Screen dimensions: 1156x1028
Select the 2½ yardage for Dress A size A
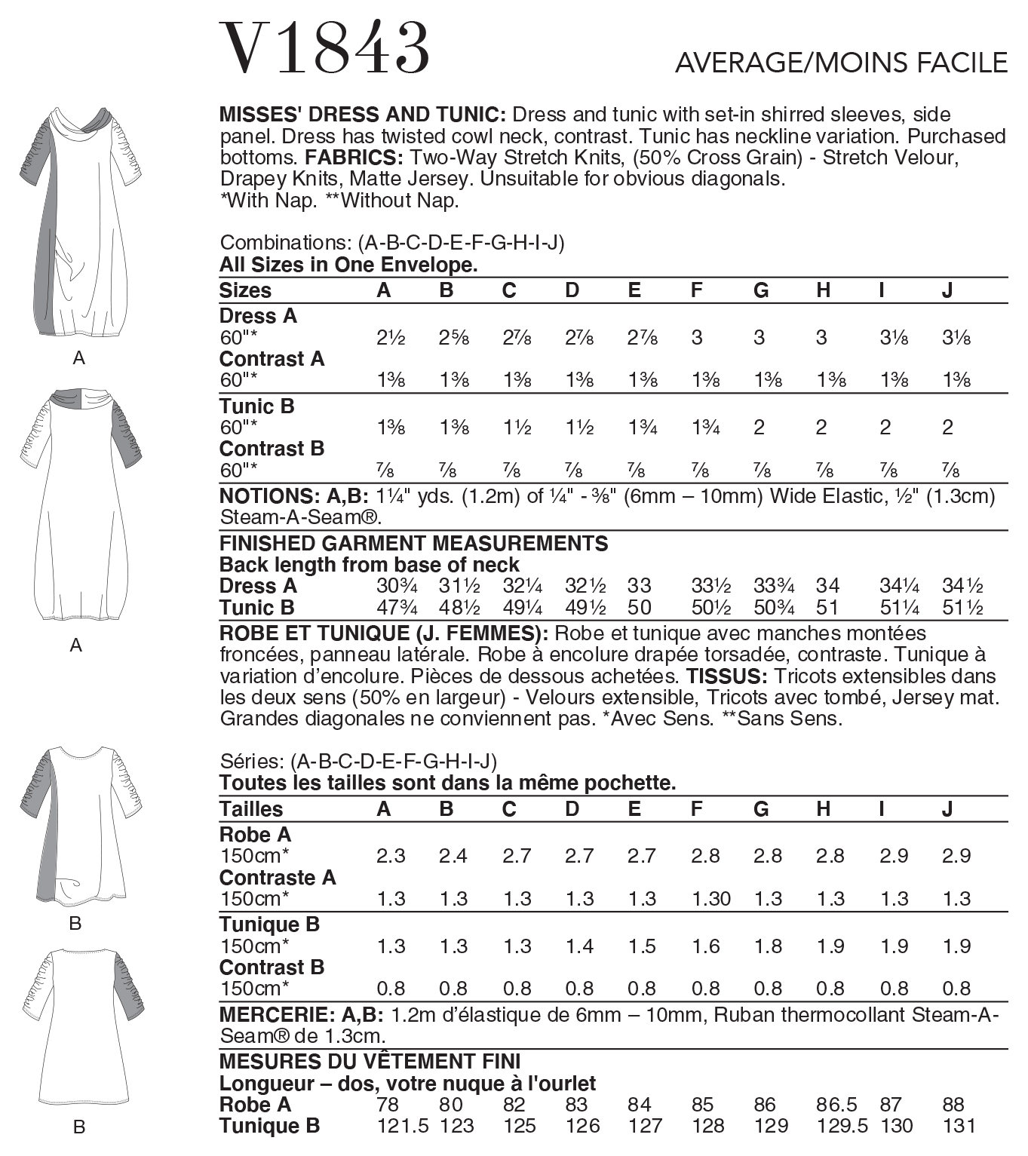391,338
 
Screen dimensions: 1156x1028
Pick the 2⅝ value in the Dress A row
454,338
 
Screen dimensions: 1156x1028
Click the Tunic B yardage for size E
642,428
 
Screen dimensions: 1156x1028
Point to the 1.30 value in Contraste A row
710,899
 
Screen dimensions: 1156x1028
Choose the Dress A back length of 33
639,586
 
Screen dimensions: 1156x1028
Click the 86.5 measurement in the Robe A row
836,1105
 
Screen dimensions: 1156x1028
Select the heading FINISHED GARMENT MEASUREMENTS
413,544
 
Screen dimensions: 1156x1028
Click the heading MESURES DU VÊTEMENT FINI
370,1062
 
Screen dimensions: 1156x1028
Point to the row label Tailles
250,809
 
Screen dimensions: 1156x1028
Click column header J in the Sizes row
947,290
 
